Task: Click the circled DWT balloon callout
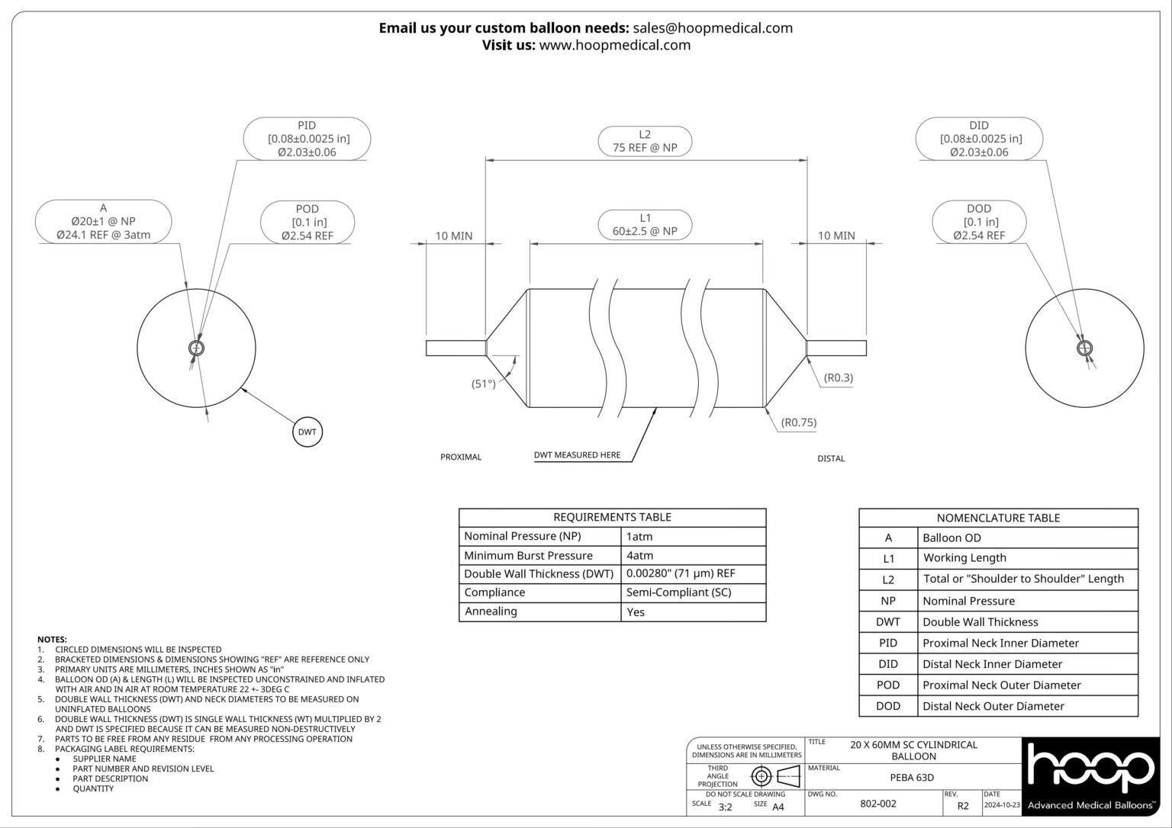click(x=307, y=432)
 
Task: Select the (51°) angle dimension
click(x=484, y=384)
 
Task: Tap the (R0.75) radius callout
click(x=799, y=422)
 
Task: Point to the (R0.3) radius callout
click(x=839, y=377)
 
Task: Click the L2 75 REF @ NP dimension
click(x=645, y=141)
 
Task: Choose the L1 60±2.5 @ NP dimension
click(x=645, y=224)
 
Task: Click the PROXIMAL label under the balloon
click(x=461, y=457)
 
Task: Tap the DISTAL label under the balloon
click(x=831, y=458)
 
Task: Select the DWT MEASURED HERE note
click(x=577, y=455)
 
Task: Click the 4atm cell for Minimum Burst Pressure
click(x=639, y=556)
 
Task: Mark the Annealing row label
click(x=491, y=611)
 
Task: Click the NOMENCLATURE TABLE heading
click(x=998, y=518)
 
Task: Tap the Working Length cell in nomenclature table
click(x=964, y=558)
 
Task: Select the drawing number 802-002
click(x=878, y=804)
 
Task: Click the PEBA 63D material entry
click(x=913, y=778)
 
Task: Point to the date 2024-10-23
click(x=1002, y=804)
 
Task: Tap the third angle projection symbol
click(x=774, y=777)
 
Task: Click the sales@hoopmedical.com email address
click(x=713, y=28)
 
